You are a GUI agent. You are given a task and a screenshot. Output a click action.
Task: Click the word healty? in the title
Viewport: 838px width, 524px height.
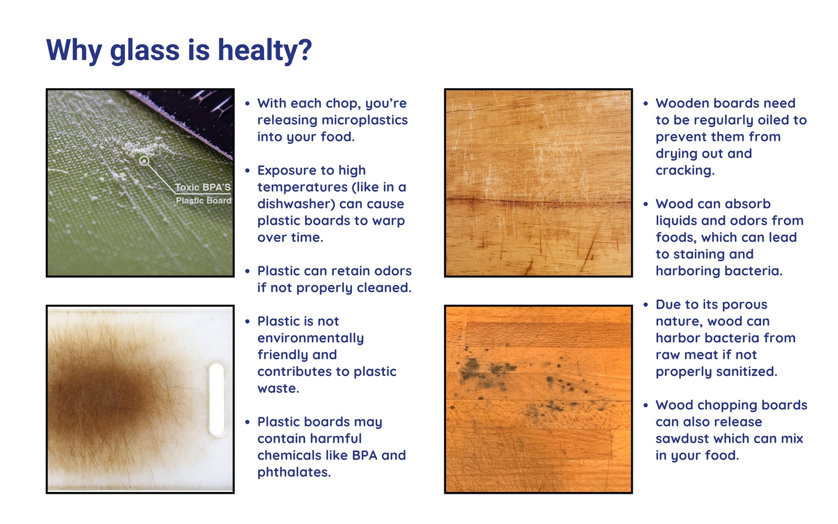(x=264, y=50)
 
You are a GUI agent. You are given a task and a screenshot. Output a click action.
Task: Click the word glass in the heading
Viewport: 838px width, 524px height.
(x=145, y=50)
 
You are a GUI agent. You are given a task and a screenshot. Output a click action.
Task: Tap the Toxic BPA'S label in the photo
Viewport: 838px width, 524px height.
(x=203, y=187)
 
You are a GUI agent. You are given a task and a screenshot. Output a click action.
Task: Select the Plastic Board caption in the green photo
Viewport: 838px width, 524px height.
(x=204, y=201)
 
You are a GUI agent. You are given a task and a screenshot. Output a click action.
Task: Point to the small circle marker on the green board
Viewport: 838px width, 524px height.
(x=144, y=161)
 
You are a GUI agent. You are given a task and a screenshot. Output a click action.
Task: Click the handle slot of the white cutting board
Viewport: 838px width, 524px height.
(x=217, y=399)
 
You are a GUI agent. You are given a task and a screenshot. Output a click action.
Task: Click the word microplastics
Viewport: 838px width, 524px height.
(x=365, y=120)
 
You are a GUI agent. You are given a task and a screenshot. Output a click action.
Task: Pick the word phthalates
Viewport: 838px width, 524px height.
(x=294, y=472)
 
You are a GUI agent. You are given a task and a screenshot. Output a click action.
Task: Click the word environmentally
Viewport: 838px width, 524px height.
(x=310, y=338)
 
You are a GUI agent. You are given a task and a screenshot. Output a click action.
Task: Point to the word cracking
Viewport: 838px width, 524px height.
(x=685, y=171)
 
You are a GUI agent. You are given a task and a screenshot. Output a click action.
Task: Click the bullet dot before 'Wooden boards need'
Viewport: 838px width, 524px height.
(x=645, y=104)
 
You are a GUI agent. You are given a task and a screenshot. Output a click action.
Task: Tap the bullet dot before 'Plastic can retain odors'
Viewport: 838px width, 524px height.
(x=247, y=272)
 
